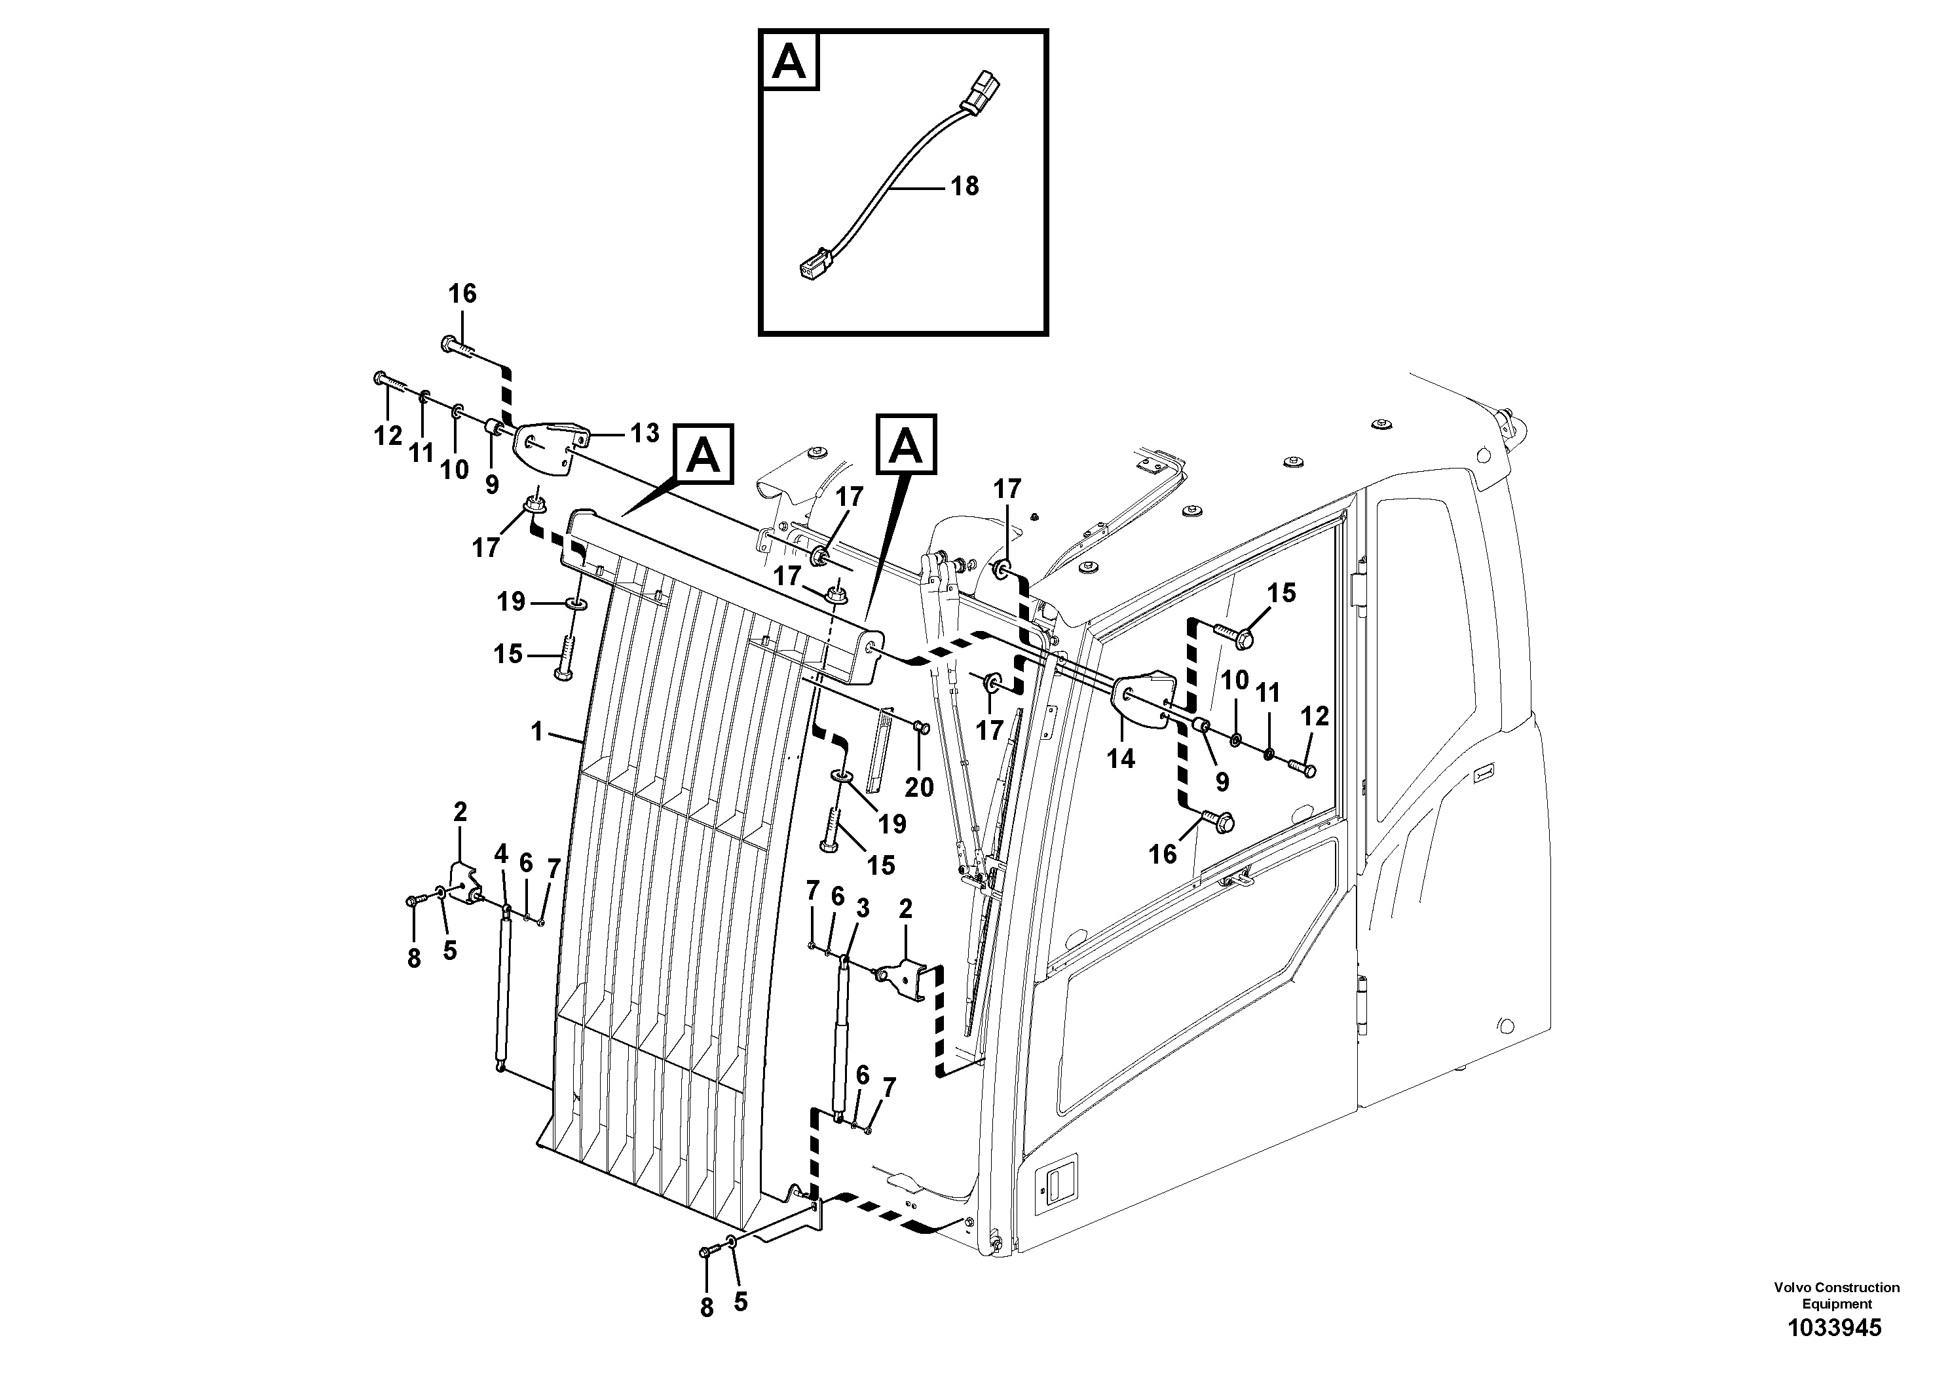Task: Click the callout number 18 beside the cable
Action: [x=964, y=186]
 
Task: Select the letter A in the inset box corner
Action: [x=790, y=61]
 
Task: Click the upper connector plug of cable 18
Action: [x=982, y=91]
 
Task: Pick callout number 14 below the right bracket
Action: [x=1120, y=759]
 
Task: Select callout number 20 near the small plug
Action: [x=919, y=788]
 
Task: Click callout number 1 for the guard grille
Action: [x=536, y=731]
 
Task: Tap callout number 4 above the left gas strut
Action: [x=501, y=854]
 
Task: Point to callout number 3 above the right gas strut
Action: [x=862, y=909]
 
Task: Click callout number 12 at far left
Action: [x=388, y=436]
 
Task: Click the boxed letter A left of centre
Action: [x=703, y=455]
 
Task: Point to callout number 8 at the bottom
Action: [x=707, y=1309]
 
